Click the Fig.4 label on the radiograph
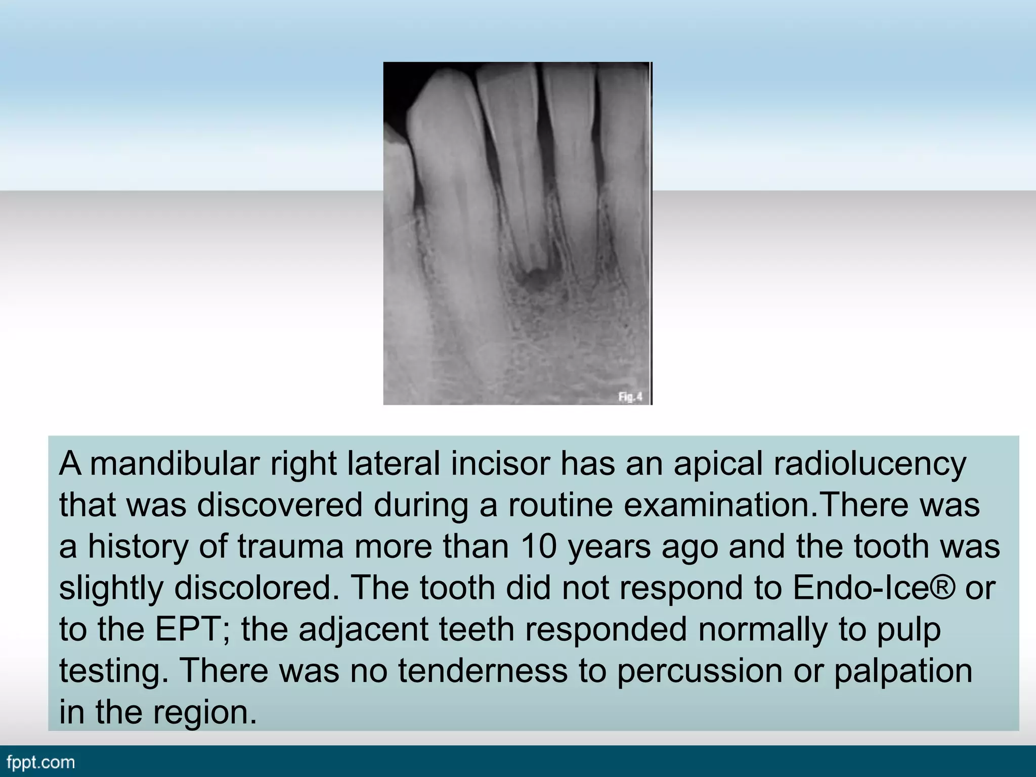pyautogui.click(x=630, y=397)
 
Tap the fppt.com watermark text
pyautogui.click(x=41, y=762)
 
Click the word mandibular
pyautogui.click(x=175, y=464)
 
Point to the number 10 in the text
pyautogui.click(x=540, y=547)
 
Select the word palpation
pyautogui.click(x=903, y=672)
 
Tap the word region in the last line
pyautogui.click(x=204, y=713)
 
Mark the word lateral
pyautogui.click(x=393, y=464)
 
